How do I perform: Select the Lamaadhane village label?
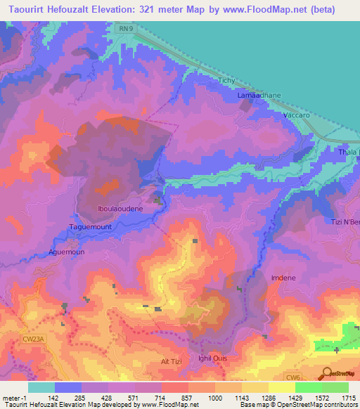click(259, 95)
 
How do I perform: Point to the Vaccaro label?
click(295, 114)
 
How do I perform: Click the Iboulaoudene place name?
click(120, 209)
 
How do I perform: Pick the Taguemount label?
click(89, 227)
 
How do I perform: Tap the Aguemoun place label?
click(67, 252)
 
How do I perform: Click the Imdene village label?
click(283, 278)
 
